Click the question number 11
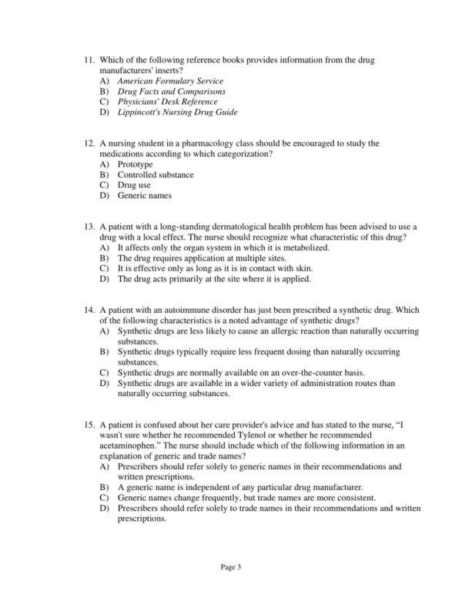(x=91, y=60)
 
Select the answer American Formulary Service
(x=170, y=81)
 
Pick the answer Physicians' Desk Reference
(x=167, y=102)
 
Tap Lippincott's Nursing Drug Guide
(x=177, y=113)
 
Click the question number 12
(x=91, y=144)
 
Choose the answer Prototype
(x=135, y=165)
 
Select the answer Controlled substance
(x=156, y=175)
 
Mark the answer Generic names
(x=145, y=196)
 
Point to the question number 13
(x=91, y=227)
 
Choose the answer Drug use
(x=134, y=186)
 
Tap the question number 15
(x=91, y=425)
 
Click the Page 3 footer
(x=231, y=567)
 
